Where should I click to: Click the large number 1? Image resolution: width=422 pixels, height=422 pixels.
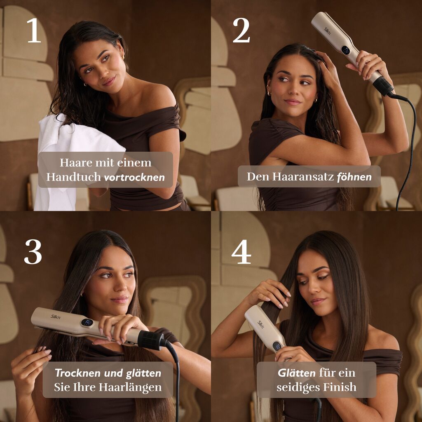(x=34, y=30)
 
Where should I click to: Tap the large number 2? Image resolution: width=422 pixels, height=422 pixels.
(x=241, y=30)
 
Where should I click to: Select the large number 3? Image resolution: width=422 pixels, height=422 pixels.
(x=33, y=252)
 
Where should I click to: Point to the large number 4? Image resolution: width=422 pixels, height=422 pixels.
(x=241, y=252)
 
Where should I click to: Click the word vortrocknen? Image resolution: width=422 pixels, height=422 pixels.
(x=134, y=177)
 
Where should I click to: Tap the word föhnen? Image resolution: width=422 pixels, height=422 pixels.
(x=354, y=177)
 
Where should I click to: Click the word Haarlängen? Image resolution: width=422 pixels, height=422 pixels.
(x=130, y=387)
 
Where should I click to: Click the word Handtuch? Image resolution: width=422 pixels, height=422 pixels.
(x=73, y=177)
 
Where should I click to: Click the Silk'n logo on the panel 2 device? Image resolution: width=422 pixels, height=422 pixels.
(x=327, y=31)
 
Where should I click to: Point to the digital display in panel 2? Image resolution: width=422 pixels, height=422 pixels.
(x=346, y=50)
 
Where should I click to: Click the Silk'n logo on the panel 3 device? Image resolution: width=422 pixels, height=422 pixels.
(x=56, y=316)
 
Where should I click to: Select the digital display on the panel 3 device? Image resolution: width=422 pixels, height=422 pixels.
(x=87, y=322)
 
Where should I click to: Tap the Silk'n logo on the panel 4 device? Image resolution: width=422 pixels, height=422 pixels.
(x=260, y=325)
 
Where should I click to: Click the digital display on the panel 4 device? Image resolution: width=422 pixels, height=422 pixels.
(x=277, y=346)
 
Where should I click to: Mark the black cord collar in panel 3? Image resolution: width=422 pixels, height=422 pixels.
(x=150, y=340)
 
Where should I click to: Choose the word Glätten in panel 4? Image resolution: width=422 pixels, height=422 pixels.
(x=297, y=373)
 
